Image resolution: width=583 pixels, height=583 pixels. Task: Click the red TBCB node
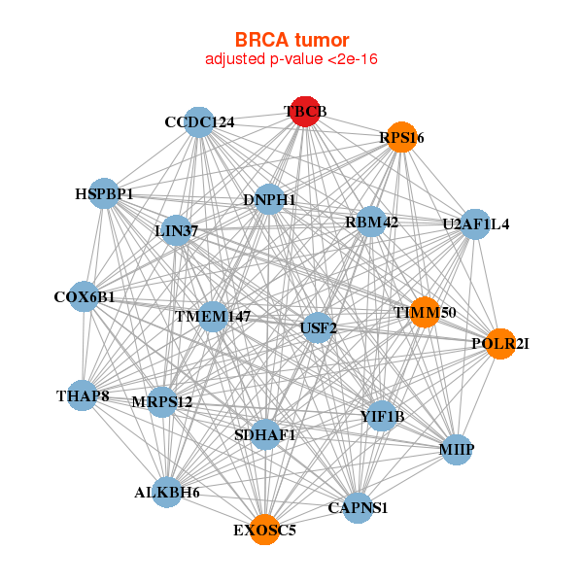coord(305,112)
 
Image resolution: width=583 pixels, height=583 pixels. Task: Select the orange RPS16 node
coord(401,138)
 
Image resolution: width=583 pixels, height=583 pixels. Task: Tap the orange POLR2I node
coord(500,343)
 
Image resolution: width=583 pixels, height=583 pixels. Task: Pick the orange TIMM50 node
coord(425,312)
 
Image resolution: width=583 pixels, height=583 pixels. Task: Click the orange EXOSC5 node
coord(264,530)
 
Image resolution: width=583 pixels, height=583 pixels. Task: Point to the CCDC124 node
coord(199,122)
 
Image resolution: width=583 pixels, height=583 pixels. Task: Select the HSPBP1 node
coord(104,194)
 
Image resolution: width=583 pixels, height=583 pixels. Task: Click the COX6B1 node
coord(85,296)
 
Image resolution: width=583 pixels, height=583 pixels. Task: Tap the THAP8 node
coord(83,395)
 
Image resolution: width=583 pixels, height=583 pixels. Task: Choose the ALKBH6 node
coord(167,493)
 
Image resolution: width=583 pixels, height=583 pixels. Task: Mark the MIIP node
coord(457,450)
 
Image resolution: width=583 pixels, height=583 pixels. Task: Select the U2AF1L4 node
coord(475,224)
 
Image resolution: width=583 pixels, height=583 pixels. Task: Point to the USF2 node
coord(319,327)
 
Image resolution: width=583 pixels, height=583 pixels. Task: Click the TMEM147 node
coord(213,317)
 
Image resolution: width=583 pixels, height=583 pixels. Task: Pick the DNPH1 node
coord(269,200)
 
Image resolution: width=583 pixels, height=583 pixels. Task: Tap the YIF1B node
coord(382,417)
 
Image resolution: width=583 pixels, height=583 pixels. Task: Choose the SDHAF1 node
coord(265,434)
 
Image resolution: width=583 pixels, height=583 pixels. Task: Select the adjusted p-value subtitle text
coord(291,59)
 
